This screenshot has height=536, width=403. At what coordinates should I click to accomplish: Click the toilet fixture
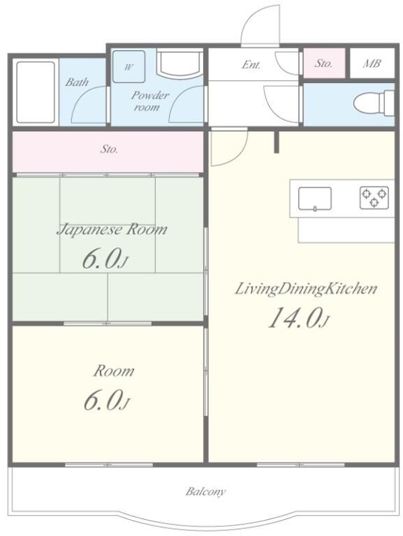(374, 102)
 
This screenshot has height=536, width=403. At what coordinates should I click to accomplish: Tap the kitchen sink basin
(314, 198)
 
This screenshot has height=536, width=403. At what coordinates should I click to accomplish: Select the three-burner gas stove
(374, 198)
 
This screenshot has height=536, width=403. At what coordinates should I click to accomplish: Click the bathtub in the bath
(36, 92)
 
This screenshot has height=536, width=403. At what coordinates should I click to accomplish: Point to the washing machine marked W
(129, 67)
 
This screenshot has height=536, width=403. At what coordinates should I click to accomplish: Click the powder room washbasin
(179, 64)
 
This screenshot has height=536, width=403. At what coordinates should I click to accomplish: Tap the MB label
(372, 64)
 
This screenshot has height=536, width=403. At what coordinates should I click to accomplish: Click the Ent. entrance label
(251, 64)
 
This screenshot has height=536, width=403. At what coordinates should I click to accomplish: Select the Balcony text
(205, 491)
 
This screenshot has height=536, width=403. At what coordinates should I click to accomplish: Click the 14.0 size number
(299, 318)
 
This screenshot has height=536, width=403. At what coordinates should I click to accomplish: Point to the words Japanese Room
(112, 230)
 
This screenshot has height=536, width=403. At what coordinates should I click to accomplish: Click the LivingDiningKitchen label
(306, 289)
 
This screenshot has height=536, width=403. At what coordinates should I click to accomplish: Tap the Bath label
(77, 82)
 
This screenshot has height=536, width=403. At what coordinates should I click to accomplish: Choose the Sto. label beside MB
(323, 64)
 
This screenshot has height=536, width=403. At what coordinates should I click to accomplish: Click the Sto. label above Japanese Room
(109, 149)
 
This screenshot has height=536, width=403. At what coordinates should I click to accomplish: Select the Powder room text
(150, 100)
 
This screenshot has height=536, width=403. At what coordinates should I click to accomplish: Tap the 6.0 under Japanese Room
(104, 260)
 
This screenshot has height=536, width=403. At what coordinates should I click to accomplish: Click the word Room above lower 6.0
(114, 371)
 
